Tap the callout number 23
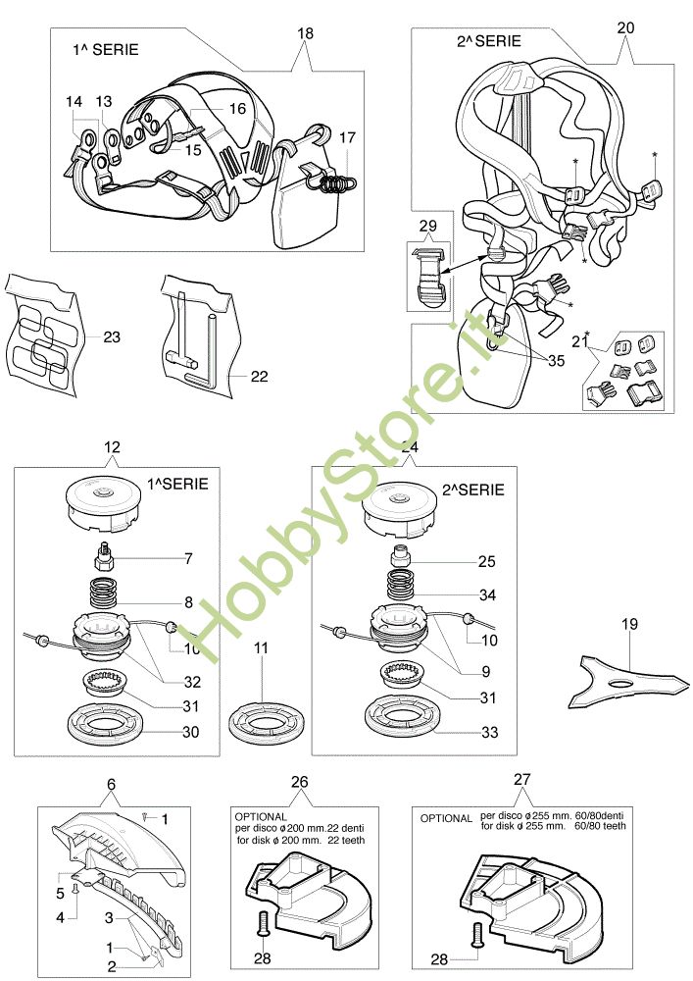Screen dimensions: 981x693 tap(111, 337)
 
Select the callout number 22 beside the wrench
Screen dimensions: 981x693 tap(259, 376)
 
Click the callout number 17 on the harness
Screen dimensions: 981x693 tap(347, 138)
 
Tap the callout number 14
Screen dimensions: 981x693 tap(74, 102)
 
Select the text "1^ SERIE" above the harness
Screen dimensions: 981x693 tap(105, 48)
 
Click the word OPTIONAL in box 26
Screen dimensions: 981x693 tap(262, 815)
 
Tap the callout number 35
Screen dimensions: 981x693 tap(556, 360)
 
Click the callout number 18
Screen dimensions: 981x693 tap(305, 32)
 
